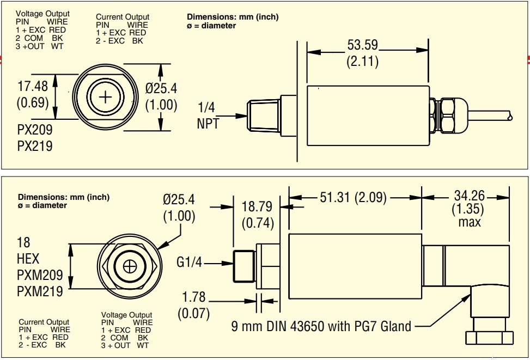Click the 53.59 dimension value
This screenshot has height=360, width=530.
pyautogui.click(x=362, y=44)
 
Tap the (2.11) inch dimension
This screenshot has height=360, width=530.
pyautogui.click(x=362, y=61)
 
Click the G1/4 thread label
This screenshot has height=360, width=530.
pyautogui.click(x=189, y=263)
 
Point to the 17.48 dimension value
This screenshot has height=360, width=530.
pyautogui.click(x=33, y=86)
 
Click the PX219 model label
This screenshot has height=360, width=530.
pyautogui.click(x=35, y=146)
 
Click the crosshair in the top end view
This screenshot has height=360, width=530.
pyautogui.click(x=106, y=97)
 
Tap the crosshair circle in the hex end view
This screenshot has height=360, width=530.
pyautogui.click(x=130, y=266)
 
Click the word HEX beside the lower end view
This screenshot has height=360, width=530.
pyautogui.click(x=28, y=258)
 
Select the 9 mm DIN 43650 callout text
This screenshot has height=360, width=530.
pyautogui.click(x=321, y=326)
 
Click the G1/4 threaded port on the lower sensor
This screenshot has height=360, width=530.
pyautogui.click(x=244, y=265)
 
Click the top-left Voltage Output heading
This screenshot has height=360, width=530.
pyautogui.click(x=42, y=14)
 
